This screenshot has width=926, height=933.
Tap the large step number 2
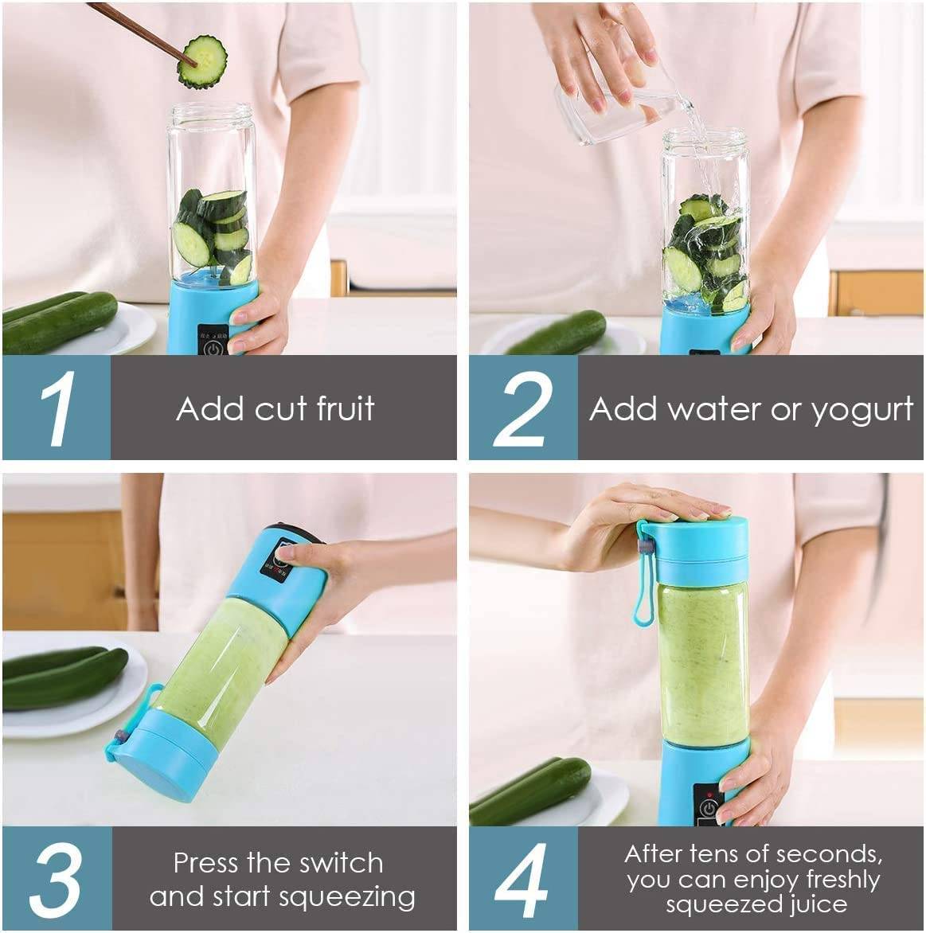coord(522,408)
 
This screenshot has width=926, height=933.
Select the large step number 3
coord(57,879)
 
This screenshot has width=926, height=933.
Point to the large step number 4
coord(522,879)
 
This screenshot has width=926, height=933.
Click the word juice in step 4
coord(811,904)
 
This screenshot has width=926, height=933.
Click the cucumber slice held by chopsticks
coord(202,61)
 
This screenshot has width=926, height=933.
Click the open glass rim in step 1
coord(211,111)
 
